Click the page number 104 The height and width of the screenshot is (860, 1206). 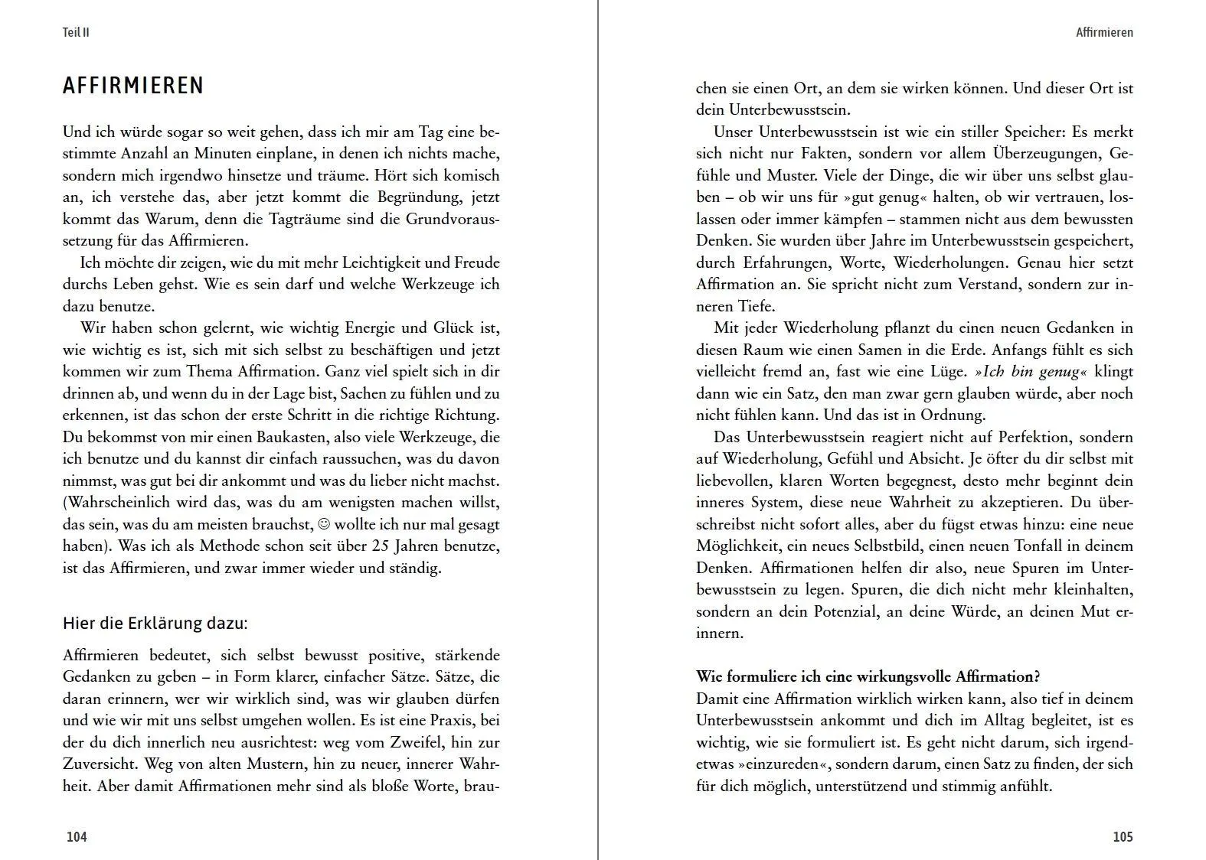pyautogui.click(x=77, y=836)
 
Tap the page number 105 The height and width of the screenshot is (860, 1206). pyautogui.click(x=1122, y=836)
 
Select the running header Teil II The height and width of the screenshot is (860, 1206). pyautogui.click(x=76, y=33)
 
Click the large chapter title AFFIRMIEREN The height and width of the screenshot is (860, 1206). pyautogui.click(x=133, y=86)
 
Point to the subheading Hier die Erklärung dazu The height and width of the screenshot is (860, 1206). pyautogui.click(x=155, y=623)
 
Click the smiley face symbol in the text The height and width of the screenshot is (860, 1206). pyautogui.click(x=323, y=524)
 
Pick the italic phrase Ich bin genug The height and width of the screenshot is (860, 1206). pyautogui.click(x=1031, y=372)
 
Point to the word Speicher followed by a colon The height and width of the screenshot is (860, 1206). pyautogui.click(x=1033, y=132)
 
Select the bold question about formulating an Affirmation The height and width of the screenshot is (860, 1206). pyautogui.click(x=868, y=676)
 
